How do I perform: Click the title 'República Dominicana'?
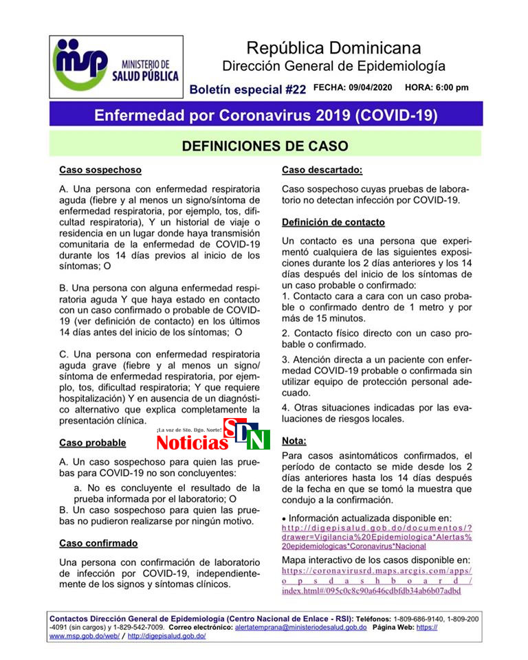[x=333, y=48]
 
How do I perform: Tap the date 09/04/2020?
[x=371, y=88]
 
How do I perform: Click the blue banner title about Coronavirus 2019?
[x=265, y=114]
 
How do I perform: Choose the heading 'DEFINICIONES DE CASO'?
[x=265, y=146]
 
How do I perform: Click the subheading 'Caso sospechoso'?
[x=100, y=169]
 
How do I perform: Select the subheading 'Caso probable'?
[x=93, y=442]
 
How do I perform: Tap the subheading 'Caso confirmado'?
[x=98, y=543]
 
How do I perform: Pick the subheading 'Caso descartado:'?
[x=322, y=169]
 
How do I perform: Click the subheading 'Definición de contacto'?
[x=333, y=222]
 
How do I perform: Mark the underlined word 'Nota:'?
[x=295, y=440]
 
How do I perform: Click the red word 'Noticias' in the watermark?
[x=192, y=442]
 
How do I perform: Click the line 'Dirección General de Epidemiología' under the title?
[x=333, y=67]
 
